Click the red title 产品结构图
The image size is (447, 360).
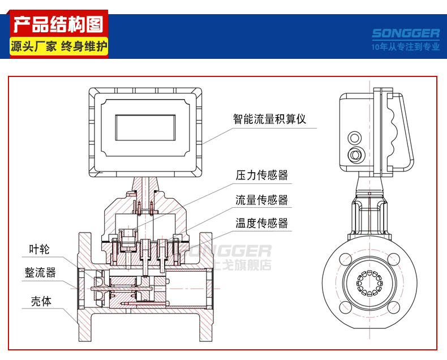[58, 24]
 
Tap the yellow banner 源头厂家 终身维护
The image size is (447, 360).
[59, 46]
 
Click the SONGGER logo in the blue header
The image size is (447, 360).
[406, 33]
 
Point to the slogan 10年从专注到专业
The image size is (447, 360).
[405, 46]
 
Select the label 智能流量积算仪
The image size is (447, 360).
[269, 119]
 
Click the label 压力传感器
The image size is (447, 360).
[262, 175]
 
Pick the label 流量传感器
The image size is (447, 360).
[262, 200]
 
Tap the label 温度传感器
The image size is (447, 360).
[262, 223]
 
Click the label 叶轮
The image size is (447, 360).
[40, 249]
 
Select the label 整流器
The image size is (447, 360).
[40, 272]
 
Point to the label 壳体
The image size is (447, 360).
[41, 301]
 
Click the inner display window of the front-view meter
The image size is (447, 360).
[145, 127]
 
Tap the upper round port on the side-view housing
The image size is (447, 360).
[355, 138]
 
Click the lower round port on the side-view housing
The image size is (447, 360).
[355, 155]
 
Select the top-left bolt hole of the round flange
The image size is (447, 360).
[345, 259]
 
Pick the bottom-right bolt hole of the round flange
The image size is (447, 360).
[394, 307]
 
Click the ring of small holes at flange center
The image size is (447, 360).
[369, 283]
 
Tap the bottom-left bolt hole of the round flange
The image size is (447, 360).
[345, 307]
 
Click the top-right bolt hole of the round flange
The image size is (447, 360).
[394, 259]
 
